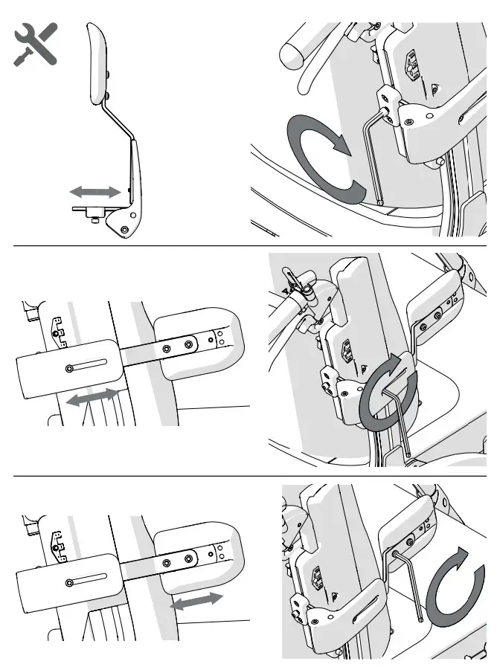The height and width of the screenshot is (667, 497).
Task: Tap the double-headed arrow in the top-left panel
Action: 95,192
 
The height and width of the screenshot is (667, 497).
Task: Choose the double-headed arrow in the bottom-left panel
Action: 196,602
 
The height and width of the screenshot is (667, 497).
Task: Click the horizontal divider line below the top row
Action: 248,245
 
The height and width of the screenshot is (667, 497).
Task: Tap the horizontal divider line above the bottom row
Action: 248,476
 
